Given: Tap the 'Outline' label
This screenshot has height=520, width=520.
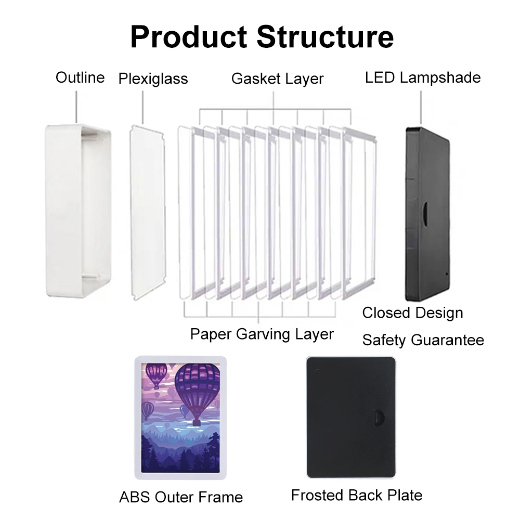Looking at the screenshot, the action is [80, 78].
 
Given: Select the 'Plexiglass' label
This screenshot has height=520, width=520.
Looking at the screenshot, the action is [153, 79].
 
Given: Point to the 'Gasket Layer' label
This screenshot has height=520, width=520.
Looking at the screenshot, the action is [277, 79].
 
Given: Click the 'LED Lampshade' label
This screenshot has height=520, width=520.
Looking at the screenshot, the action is [422, 78].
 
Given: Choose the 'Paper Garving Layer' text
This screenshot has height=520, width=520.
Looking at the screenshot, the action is [262, 334].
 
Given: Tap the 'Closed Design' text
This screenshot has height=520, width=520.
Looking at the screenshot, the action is [412, 313].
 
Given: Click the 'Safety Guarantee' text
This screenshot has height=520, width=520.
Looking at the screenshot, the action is [423, 341].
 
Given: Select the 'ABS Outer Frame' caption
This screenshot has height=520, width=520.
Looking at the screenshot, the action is [181, 497].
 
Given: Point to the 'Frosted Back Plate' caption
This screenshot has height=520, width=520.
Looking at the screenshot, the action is [356, 495].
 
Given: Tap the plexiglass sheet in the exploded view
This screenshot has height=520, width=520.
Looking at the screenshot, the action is [147, 211].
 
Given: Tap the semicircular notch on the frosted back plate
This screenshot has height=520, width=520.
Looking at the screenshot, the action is [379, 419].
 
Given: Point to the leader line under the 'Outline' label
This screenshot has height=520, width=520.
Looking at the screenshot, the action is [76, 107].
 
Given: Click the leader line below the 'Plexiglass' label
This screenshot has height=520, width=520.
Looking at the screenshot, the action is [143, 107].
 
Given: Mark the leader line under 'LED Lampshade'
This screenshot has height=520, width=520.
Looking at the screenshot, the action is [420, 107].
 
